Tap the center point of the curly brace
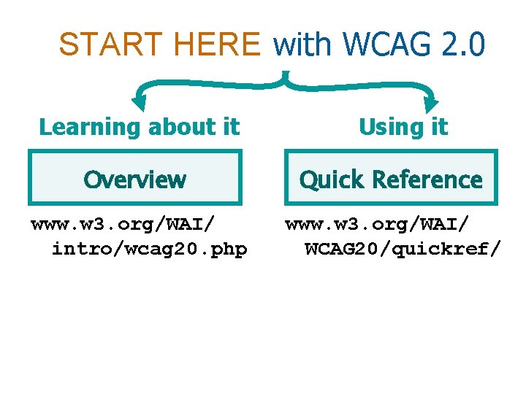tap(286, 76)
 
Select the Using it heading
tap(403, 127)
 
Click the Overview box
tap(134, 178)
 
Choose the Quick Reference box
tap(391, 178)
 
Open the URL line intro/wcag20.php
tap(149, 250)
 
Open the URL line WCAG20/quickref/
tap(403, 250)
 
